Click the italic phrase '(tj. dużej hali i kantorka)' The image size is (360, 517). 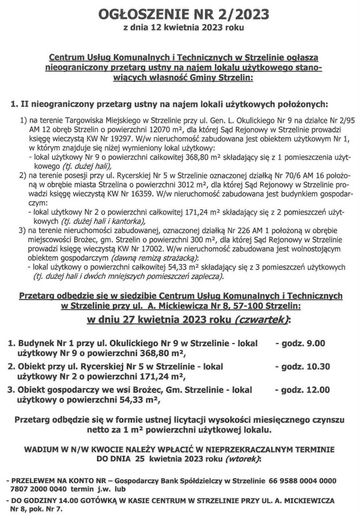tap(103, 221)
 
